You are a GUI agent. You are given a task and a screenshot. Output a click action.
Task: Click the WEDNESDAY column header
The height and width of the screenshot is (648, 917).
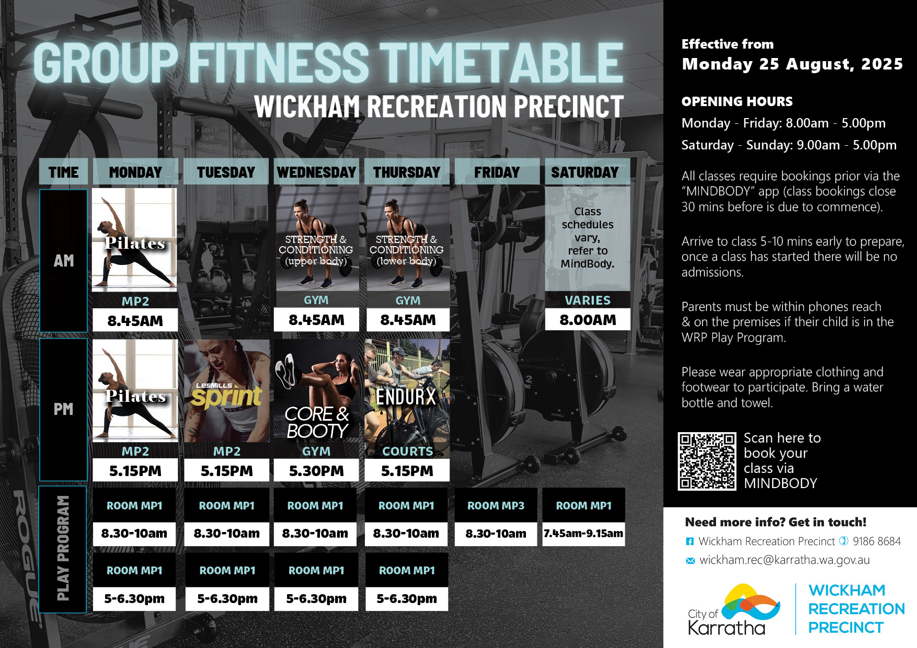(x=316, y=172)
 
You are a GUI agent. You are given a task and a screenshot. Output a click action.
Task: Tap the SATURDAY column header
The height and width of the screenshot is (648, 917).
(x=584, y=172)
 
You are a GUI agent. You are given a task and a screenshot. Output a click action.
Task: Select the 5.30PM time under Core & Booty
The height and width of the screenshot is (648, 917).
(x=316, y=471)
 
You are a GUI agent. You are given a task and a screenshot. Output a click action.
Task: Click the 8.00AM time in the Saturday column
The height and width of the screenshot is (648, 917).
(x=588, y=320)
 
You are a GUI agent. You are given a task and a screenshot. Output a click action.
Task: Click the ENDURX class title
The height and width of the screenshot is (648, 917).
(x=406, y=397)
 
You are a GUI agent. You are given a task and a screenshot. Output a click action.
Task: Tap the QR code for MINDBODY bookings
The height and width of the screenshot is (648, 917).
(x=707, y=461)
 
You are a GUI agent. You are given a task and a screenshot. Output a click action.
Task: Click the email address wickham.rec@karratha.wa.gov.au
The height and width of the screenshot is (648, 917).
(x=784, y=560)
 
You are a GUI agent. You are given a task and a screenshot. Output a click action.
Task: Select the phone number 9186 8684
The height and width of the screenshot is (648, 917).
(x=877, y=541)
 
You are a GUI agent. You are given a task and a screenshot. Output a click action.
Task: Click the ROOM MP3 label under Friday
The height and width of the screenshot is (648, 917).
(x=496, y=506)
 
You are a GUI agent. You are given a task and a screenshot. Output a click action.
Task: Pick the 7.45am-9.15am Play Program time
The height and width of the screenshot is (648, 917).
(x=583, y=534)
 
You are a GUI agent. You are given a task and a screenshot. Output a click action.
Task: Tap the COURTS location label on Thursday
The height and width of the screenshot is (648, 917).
(x=408, y=452)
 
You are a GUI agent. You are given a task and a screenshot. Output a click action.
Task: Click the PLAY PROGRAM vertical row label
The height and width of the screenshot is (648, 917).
(x=63, y=548)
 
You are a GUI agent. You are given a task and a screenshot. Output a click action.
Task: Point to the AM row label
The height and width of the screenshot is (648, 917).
(x=64, y=261)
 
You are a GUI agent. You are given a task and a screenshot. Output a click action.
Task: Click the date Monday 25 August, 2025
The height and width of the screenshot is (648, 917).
(x=792, y=64)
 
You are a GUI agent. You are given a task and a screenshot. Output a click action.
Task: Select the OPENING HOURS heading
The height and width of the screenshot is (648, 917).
(x=737, y=101)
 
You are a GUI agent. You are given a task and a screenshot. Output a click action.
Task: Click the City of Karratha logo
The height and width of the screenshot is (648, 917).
(x=734, y=609)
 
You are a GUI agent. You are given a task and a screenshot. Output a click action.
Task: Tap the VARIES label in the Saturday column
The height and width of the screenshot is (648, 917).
(x=588, y=300)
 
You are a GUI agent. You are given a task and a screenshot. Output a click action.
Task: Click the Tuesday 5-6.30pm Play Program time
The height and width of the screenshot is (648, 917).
(x=227, y=599)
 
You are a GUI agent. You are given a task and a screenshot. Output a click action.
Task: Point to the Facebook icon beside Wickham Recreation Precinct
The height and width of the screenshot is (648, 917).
(x=690, y=542)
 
